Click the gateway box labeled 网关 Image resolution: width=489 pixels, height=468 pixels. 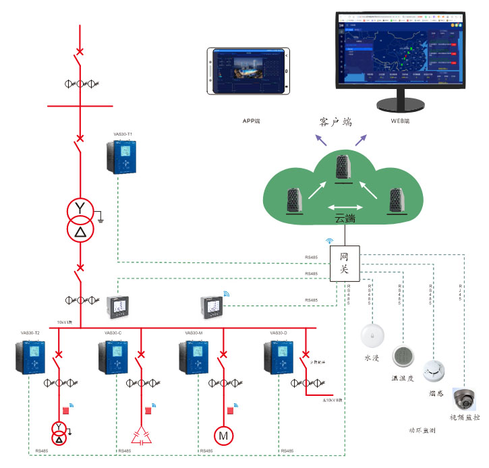coord(344,263)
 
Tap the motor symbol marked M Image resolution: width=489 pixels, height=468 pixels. coord(223,436)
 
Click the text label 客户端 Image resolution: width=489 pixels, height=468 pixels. coord(335,123)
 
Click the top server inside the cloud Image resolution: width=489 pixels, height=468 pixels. coord(344,169)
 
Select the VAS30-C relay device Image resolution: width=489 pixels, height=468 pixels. coord(113,357)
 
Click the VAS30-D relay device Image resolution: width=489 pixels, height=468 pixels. coord(278,357)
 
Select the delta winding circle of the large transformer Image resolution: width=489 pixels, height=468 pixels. coord(80,231)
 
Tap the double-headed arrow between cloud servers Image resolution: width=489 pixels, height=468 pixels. coord(343,207)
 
